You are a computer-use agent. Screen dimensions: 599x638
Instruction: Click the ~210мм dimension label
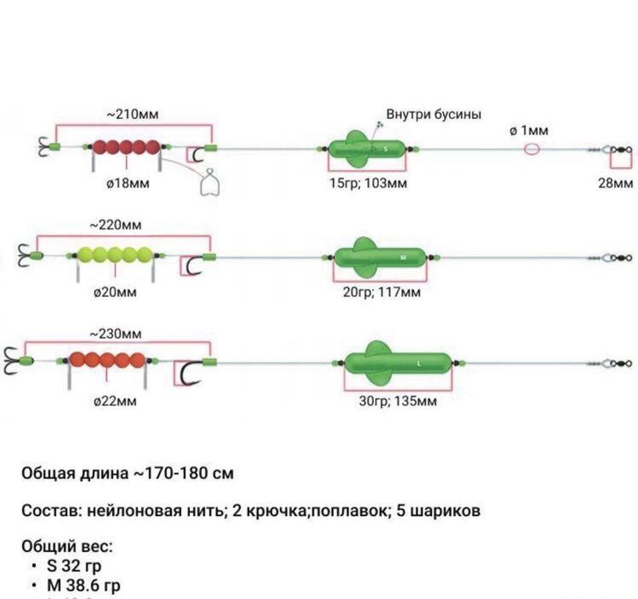coord(133,115)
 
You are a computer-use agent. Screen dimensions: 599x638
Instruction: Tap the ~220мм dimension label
coord(115,225)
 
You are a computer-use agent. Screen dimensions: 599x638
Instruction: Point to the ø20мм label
coord(115,292)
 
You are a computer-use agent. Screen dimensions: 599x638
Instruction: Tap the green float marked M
coord(381,257)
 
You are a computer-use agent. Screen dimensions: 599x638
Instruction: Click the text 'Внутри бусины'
coord(434,115)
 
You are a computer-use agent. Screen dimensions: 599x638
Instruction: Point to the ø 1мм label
coord(529,131)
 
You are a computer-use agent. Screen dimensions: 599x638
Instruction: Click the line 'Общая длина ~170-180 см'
coord(128,473)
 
